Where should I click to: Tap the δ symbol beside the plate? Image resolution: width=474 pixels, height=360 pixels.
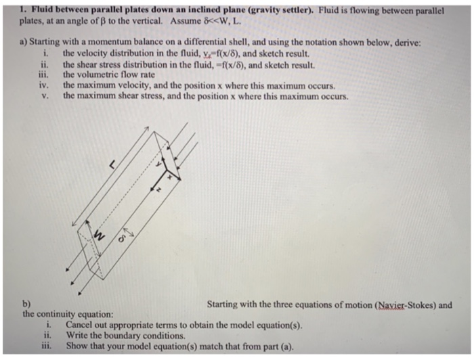click(123, 238)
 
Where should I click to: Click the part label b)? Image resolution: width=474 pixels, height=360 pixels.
click(26, 305)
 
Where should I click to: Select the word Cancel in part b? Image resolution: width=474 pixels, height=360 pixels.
click(80, 325)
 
